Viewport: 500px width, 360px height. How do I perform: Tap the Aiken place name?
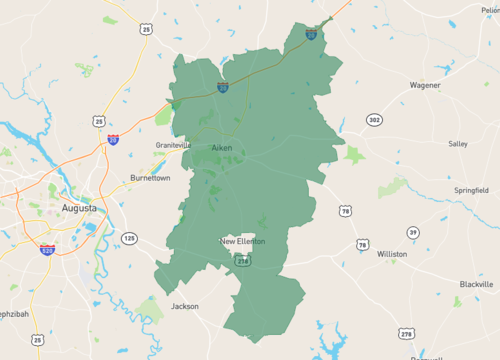(222, 148)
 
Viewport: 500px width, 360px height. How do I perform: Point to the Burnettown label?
(150, 178)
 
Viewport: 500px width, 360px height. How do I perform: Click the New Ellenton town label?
(243, 241)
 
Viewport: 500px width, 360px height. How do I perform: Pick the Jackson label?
(185, 306)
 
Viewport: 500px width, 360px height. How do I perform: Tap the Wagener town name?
(424, 85)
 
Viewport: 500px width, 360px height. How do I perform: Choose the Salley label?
(457, 144)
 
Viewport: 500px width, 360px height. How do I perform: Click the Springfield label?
(470, 189)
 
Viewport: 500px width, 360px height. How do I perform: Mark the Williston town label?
(391, 254)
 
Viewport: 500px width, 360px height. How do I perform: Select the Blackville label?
(476, 284)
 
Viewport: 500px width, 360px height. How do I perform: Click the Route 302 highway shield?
(373, 120)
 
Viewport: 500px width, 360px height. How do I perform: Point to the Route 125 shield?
(129, 237)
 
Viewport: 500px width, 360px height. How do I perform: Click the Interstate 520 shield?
(47, 249)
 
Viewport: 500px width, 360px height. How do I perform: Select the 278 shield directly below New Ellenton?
(241, 259)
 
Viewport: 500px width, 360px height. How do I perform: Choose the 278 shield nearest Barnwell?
(405, 332)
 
